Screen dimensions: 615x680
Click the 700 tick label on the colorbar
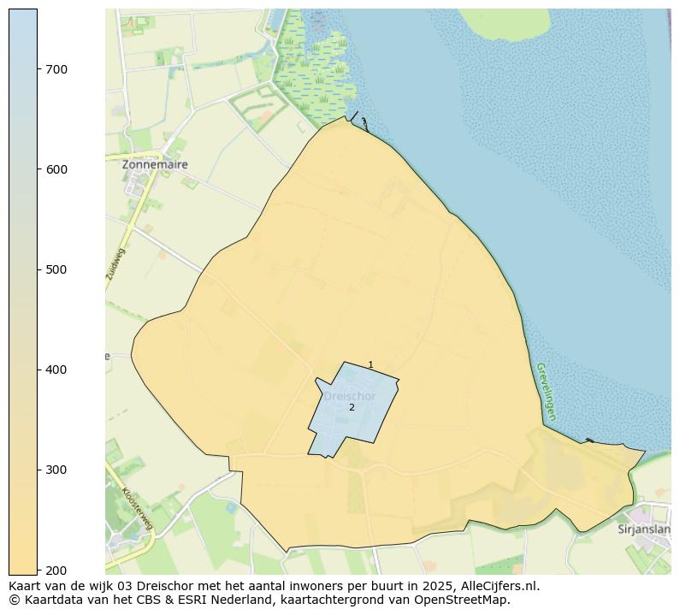coord(56,69)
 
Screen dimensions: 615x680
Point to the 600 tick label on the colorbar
coord(56,169)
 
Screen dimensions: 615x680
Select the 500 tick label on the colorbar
coord(56,269)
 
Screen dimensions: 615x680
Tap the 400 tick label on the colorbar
coord(56,370)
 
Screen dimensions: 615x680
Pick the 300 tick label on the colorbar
coord(56,470)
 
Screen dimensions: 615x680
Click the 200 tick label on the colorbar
coord(56,570)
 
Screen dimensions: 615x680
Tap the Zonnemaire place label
coord(155,164)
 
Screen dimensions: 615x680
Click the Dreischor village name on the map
coord(349,396)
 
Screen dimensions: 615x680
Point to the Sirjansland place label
coord(644,529)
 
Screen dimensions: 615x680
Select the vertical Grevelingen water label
coord(546,391)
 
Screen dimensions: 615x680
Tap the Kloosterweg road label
coord(137,508)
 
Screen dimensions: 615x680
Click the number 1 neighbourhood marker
coord(370,365)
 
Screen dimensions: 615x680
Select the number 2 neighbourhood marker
coord(352,407)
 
